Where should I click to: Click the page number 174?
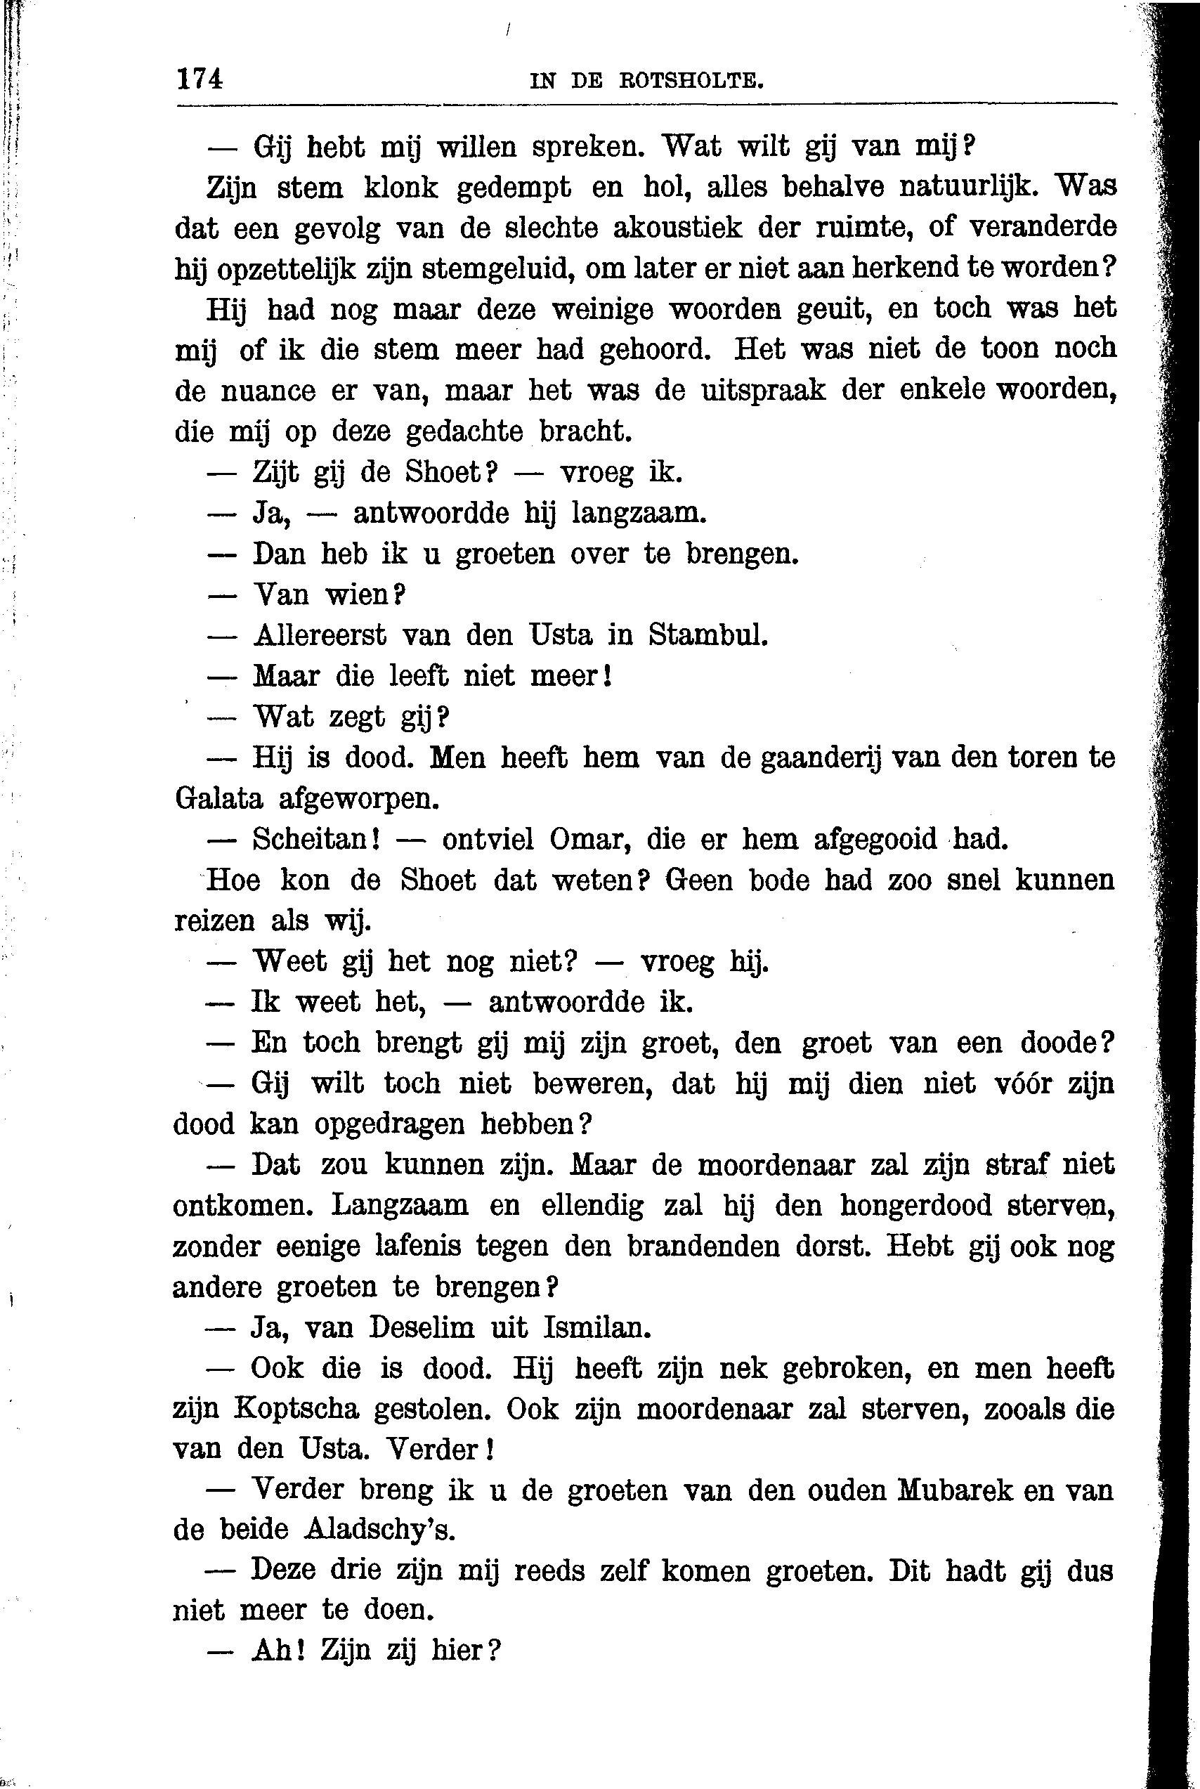tap(200, 79)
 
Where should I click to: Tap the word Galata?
tap(218, 799)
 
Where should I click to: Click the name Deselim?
tap(422, 1327)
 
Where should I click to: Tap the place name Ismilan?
tap(597, 1327)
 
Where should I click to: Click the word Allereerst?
tap(320, 635)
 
